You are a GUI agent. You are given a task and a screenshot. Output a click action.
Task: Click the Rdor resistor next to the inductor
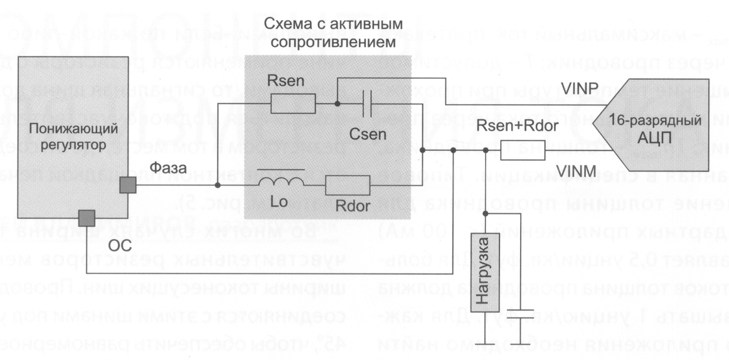click(x=347, y=186)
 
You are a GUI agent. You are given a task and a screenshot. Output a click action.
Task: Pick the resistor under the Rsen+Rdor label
click(x=522, y=151)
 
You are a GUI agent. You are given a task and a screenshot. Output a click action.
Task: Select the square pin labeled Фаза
click(x=129, y=186)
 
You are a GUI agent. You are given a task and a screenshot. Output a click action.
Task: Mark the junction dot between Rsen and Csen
click(x=337, y=105)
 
